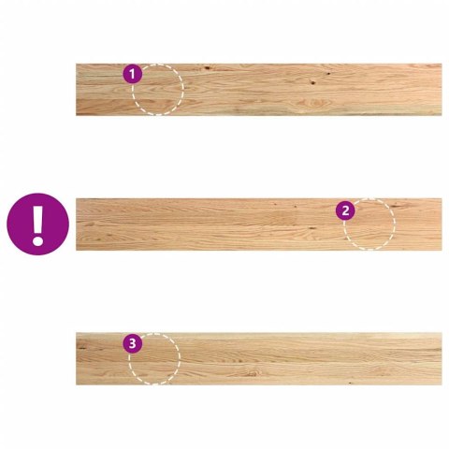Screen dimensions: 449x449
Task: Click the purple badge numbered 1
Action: tap(132, 74)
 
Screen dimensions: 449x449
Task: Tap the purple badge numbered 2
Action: tap(345, 211)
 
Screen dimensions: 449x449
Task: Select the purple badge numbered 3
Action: tap(132, 343)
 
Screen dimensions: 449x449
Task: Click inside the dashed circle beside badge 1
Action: tap(158, 90)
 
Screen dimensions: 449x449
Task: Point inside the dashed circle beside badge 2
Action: tap(369, 224)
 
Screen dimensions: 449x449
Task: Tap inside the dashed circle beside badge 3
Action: tap(154, 358)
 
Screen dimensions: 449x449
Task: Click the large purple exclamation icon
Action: tap(37, 224)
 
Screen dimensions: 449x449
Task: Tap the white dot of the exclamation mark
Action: tap(37, 241)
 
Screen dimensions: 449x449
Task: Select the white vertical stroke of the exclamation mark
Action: tap(37, 219)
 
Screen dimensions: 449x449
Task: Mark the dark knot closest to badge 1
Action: tap(207, 67)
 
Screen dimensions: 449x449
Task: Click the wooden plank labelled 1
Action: tap(259, 90)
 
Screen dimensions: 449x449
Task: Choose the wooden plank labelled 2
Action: tap(259, 224)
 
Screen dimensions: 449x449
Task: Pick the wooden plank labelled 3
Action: tap(259, 358)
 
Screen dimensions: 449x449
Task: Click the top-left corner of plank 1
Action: tap(76, 64)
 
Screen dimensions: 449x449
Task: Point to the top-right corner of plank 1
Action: tap(442, 64)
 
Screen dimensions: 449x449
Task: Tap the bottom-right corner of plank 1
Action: tap(442, 115)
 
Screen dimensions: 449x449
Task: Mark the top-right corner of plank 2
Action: tap(442, 198)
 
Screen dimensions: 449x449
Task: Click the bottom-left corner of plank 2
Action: tap(76, 250)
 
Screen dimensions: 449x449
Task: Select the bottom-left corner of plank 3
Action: tap(76, 384)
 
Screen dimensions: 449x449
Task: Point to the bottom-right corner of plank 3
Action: tap(442, 384)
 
